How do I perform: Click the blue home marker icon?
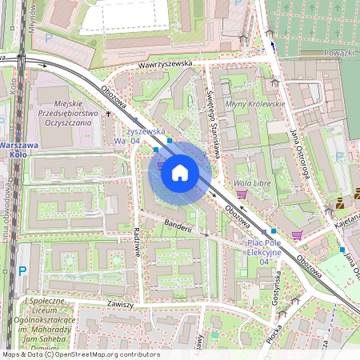pyautogui.click(x=180, y=173)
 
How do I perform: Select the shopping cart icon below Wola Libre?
pyautogui.click(x=241, y=194)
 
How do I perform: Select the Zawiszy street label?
pyautogui.click(x=117, y=305)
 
